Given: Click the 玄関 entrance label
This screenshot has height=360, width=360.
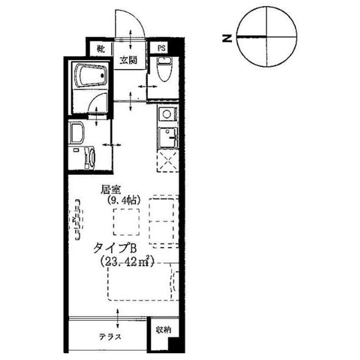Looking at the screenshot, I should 128,61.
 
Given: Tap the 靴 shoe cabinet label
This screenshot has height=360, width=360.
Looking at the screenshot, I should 101,49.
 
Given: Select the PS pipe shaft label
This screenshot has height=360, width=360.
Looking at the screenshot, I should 161,49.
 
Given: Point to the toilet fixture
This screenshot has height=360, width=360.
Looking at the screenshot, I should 163,70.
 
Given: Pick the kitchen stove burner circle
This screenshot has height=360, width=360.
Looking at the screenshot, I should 166,115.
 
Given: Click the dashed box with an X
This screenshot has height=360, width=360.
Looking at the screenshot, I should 167,160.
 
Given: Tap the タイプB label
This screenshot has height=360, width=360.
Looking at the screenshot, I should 115,247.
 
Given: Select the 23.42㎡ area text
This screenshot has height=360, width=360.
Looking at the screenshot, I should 127,261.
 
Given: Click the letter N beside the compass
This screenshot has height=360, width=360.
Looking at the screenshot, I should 227,38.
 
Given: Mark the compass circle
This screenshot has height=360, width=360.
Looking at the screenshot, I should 266,37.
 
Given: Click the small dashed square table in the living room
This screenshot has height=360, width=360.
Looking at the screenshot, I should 126,222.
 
